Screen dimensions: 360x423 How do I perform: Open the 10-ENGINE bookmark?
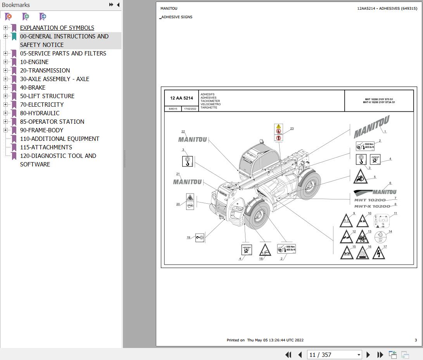pyautogui.click(x=34, y=62)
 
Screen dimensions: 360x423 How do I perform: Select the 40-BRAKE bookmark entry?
pyautogui.click(x=33, y=88)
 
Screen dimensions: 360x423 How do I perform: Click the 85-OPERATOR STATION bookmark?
pyautogui.click(x=52, y=122)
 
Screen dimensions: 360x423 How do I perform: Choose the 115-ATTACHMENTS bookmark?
pyautogui.click(x=46, y=147)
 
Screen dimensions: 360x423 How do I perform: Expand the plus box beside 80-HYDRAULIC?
pyautogui.click(x=5, y=113)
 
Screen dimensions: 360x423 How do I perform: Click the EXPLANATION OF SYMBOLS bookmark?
pyautogui.click(x=57, y=28)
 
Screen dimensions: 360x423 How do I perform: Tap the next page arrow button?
pyautogui.click(x=368, y=355)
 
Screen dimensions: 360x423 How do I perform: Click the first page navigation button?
pyautogui.click(x=288, y=355)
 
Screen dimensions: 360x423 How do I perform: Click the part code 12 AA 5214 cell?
pyautogui.click(x=181, y=98)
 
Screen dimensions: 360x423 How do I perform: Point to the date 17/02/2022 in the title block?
pyautogui.click(x=190, y=109)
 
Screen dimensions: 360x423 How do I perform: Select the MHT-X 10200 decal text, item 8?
pyautogui.click(x=372, y=206)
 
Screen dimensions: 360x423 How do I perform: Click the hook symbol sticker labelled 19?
pyautogui.click(x=200, y=237)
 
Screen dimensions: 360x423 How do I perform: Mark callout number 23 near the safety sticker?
pyautogui.click(x=292, y=129)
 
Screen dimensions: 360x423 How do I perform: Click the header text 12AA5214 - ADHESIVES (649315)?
pyautogui.click(x=387, y=9)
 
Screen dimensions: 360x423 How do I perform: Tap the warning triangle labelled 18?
pyautogui.click(x=265, y=250)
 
